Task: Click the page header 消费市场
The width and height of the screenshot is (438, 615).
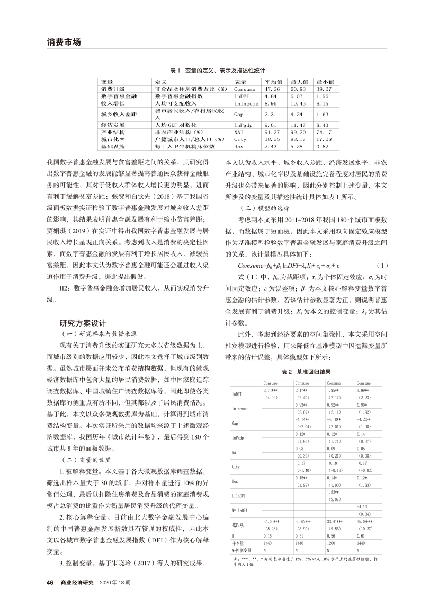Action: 63,42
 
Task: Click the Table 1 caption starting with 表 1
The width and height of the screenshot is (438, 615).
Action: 218,70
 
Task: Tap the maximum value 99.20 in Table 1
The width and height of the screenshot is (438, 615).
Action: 298,132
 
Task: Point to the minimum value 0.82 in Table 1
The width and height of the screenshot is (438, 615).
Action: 322,146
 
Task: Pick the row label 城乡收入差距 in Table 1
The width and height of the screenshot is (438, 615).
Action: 119,114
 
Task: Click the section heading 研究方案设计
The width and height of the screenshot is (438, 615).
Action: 84,322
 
